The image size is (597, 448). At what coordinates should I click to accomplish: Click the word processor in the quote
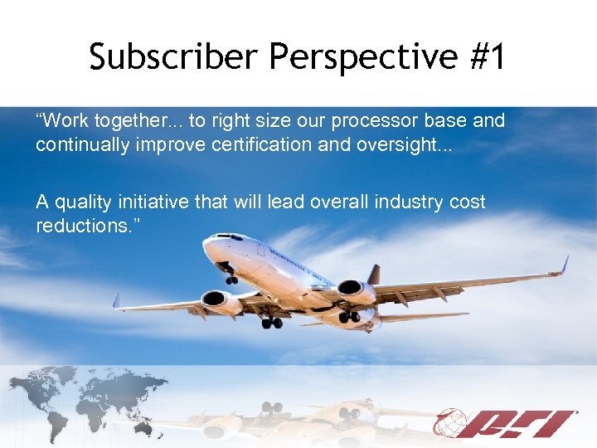[371, 120]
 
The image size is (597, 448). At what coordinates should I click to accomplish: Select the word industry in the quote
[401, 202]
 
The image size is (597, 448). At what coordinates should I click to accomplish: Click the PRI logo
[507, 423]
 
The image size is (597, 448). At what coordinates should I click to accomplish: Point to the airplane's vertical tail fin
[374, 275]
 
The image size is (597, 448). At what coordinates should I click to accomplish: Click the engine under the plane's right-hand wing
[356, 291]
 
